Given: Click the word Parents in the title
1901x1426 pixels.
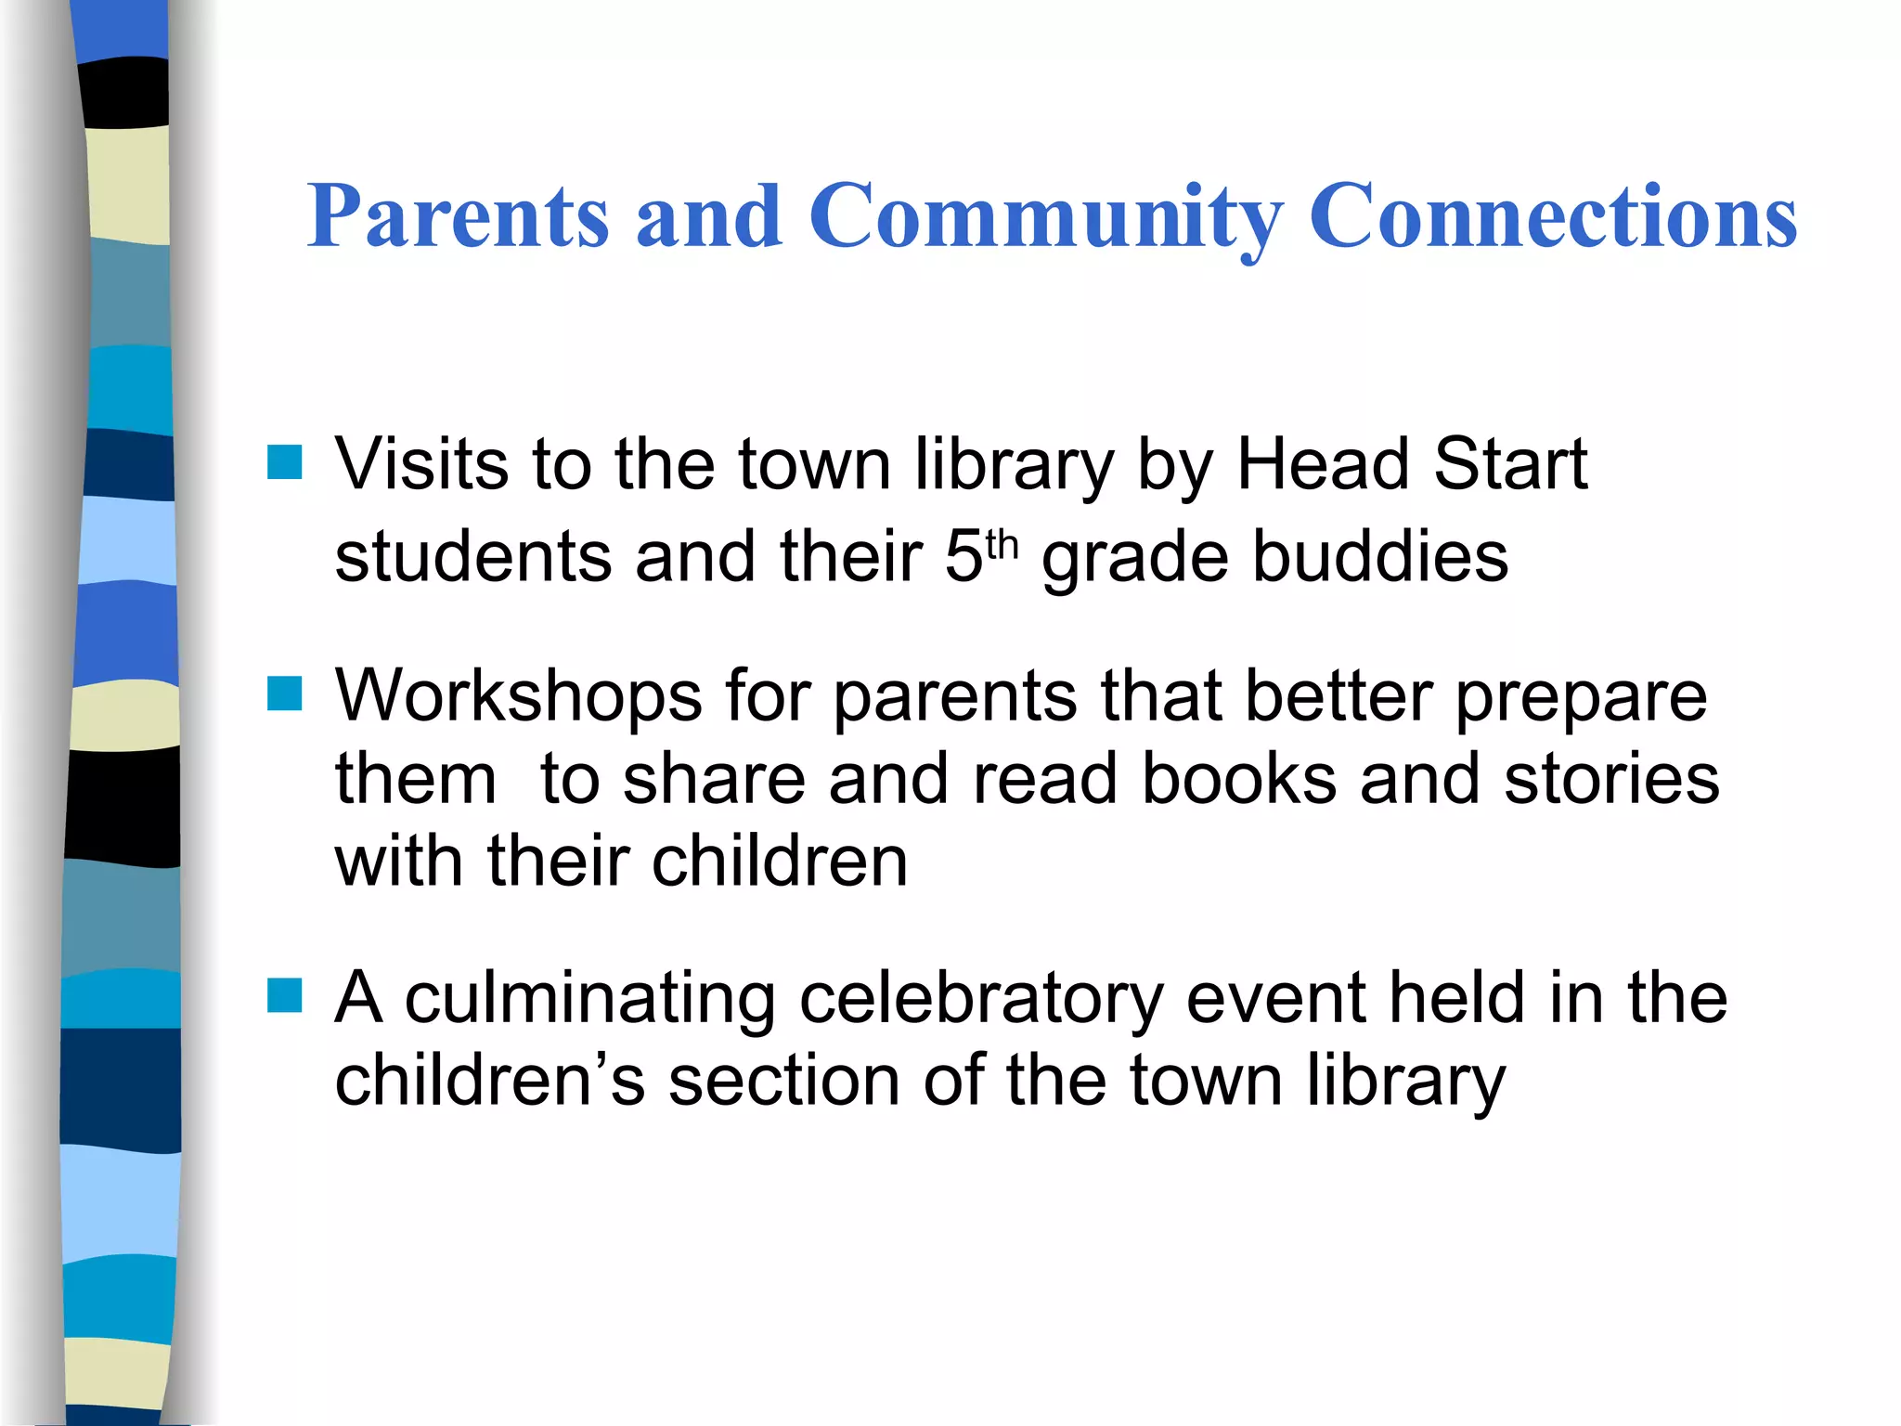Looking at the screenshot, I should click(459, 216).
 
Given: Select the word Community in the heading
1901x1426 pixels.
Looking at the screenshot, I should click(1046, 216).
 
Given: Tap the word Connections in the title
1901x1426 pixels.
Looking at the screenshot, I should click(1553, 216).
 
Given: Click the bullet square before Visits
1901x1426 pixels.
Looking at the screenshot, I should click(285, 462).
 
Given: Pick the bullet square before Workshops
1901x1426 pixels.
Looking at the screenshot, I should click(285, 694).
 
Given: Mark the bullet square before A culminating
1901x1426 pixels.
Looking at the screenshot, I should click(285, 995).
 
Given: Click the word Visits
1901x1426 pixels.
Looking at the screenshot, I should click(421, 463).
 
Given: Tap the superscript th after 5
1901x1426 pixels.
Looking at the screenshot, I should click(1002, 545).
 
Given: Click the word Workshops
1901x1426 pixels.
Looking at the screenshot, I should click(519, 696).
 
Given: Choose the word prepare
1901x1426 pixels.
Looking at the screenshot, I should click(1581, 698).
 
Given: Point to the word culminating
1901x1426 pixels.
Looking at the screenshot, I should click(590, 999).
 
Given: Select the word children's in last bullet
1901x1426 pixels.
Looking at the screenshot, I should click(489, 1081).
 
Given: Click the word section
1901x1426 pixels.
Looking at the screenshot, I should click(784, 1081).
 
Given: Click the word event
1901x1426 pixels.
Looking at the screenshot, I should click(1275, 999).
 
